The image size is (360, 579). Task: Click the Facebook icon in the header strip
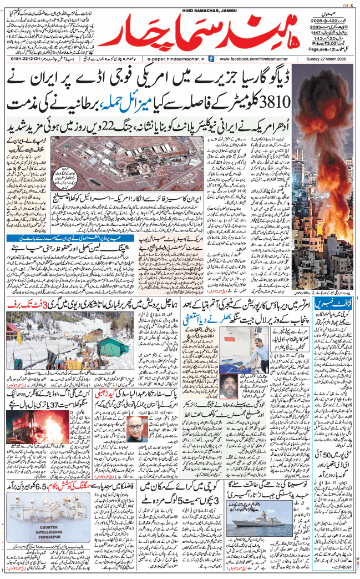214,59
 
